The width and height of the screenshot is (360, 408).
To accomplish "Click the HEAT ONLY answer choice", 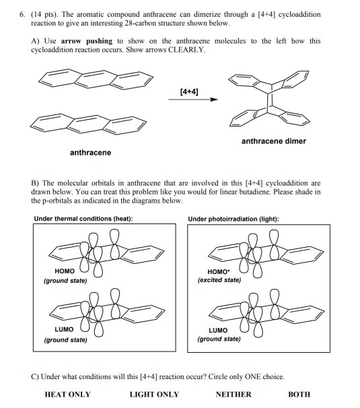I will pos(67,395).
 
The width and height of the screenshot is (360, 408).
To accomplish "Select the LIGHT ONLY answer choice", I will pos(154,395).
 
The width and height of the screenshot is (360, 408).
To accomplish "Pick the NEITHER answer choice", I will pos(233,395).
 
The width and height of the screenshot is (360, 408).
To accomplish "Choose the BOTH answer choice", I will pos(299,395).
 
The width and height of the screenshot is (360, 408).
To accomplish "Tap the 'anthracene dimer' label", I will pos(273,141).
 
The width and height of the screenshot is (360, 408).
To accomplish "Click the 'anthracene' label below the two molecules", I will pos(90,153).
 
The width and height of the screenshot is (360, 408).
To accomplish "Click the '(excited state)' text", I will pos(219,280).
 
